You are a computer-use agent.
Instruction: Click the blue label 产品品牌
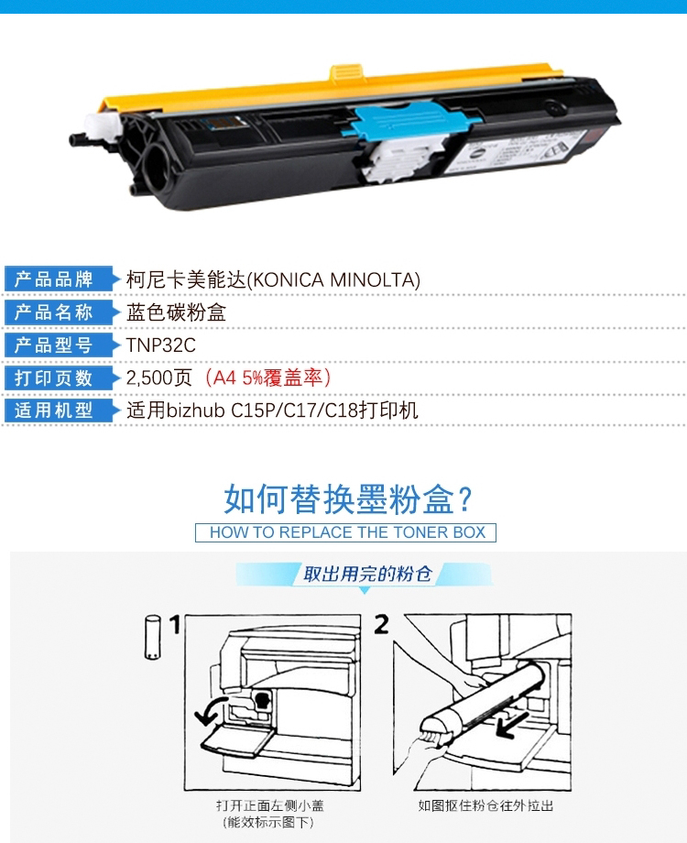54,279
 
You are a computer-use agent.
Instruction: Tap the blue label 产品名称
54,312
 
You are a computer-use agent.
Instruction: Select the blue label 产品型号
54,345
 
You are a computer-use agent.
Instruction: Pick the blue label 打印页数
54,378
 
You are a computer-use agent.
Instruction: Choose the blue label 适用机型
54,411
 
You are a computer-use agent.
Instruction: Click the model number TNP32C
160,345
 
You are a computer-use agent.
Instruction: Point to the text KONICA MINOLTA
333,280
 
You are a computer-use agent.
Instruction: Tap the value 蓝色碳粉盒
176,312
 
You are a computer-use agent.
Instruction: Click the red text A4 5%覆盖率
267,378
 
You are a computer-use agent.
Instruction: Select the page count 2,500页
159,378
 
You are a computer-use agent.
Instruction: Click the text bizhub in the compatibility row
196,411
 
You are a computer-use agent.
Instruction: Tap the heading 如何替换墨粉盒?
348,498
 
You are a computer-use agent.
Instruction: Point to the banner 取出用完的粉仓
367,575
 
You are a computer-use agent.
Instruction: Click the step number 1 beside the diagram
174,625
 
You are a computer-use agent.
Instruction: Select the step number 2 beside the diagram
381,625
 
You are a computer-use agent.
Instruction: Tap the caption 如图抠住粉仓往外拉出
486,805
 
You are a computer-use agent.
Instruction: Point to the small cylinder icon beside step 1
153,637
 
